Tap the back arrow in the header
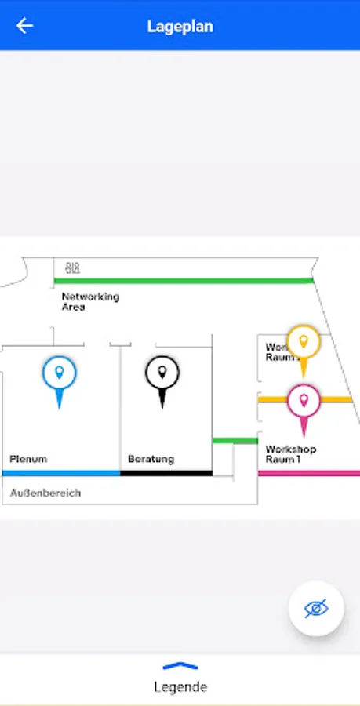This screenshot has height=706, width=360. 25,26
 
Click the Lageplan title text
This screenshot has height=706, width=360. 180,26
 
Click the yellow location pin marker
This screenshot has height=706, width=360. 303,343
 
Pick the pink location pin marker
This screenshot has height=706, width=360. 304,402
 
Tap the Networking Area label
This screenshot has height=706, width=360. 90,302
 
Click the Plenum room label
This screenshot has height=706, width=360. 28,459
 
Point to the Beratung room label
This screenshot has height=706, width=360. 151,459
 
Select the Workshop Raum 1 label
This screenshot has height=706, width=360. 290,454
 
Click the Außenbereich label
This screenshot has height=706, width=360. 45,493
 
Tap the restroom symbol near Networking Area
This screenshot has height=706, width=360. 72,268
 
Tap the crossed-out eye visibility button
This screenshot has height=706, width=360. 316,608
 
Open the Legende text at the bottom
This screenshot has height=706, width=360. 180,687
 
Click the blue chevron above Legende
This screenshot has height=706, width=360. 180,666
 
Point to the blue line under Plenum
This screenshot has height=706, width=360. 60,473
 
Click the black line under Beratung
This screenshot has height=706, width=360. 165,473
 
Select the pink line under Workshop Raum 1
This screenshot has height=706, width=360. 308,473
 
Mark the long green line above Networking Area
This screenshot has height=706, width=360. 184,280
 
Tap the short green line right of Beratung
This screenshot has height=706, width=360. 235,441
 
